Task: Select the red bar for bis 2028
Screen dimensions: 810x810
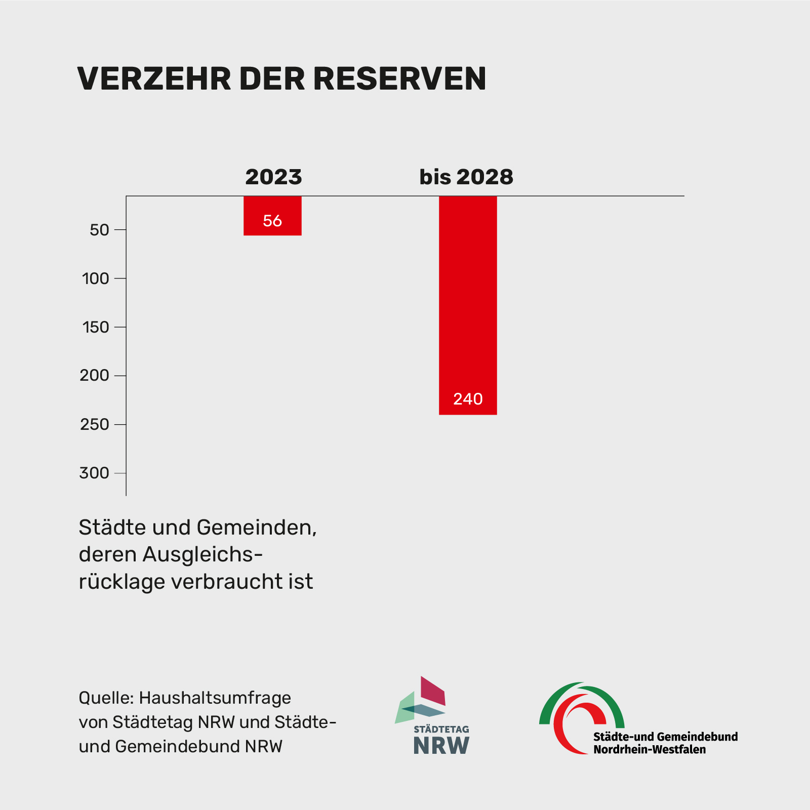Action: (x=468, y=304)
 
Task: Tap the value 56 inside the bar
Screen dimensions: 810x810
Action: (x=272, y=221)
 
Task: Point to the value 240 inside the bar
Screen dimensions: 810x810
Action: (x=468, y=399)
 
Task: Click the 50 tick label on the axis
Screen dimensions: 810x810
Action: (x=99, y=230)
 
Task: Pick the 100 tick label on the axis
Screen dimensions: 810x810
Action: (x=96, y=278)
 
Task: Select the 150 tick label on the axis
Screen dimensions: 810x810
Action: (x=96, y=327)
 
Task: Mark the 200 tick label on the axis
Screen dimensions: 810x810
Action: (x=95, y=376)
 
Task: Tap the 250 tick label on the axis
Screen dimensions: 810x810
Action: (x=95, y=424)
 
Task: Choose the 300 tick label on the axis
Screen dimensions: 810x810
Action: (x=95, y=473)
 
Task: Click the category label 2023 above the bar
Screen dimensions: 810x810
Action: (x=273, y=177)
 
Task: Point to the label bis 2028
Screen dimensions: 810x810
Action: (x=466, y=177)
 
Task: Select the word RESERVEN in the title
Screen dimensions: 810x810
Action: (x=399, y=78)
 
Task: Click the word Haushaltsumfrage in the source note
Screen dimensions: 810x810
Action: (x=215, y=698)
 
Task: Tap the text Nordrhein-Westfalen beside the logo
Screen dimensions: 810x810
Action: (x=650, y=749)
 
